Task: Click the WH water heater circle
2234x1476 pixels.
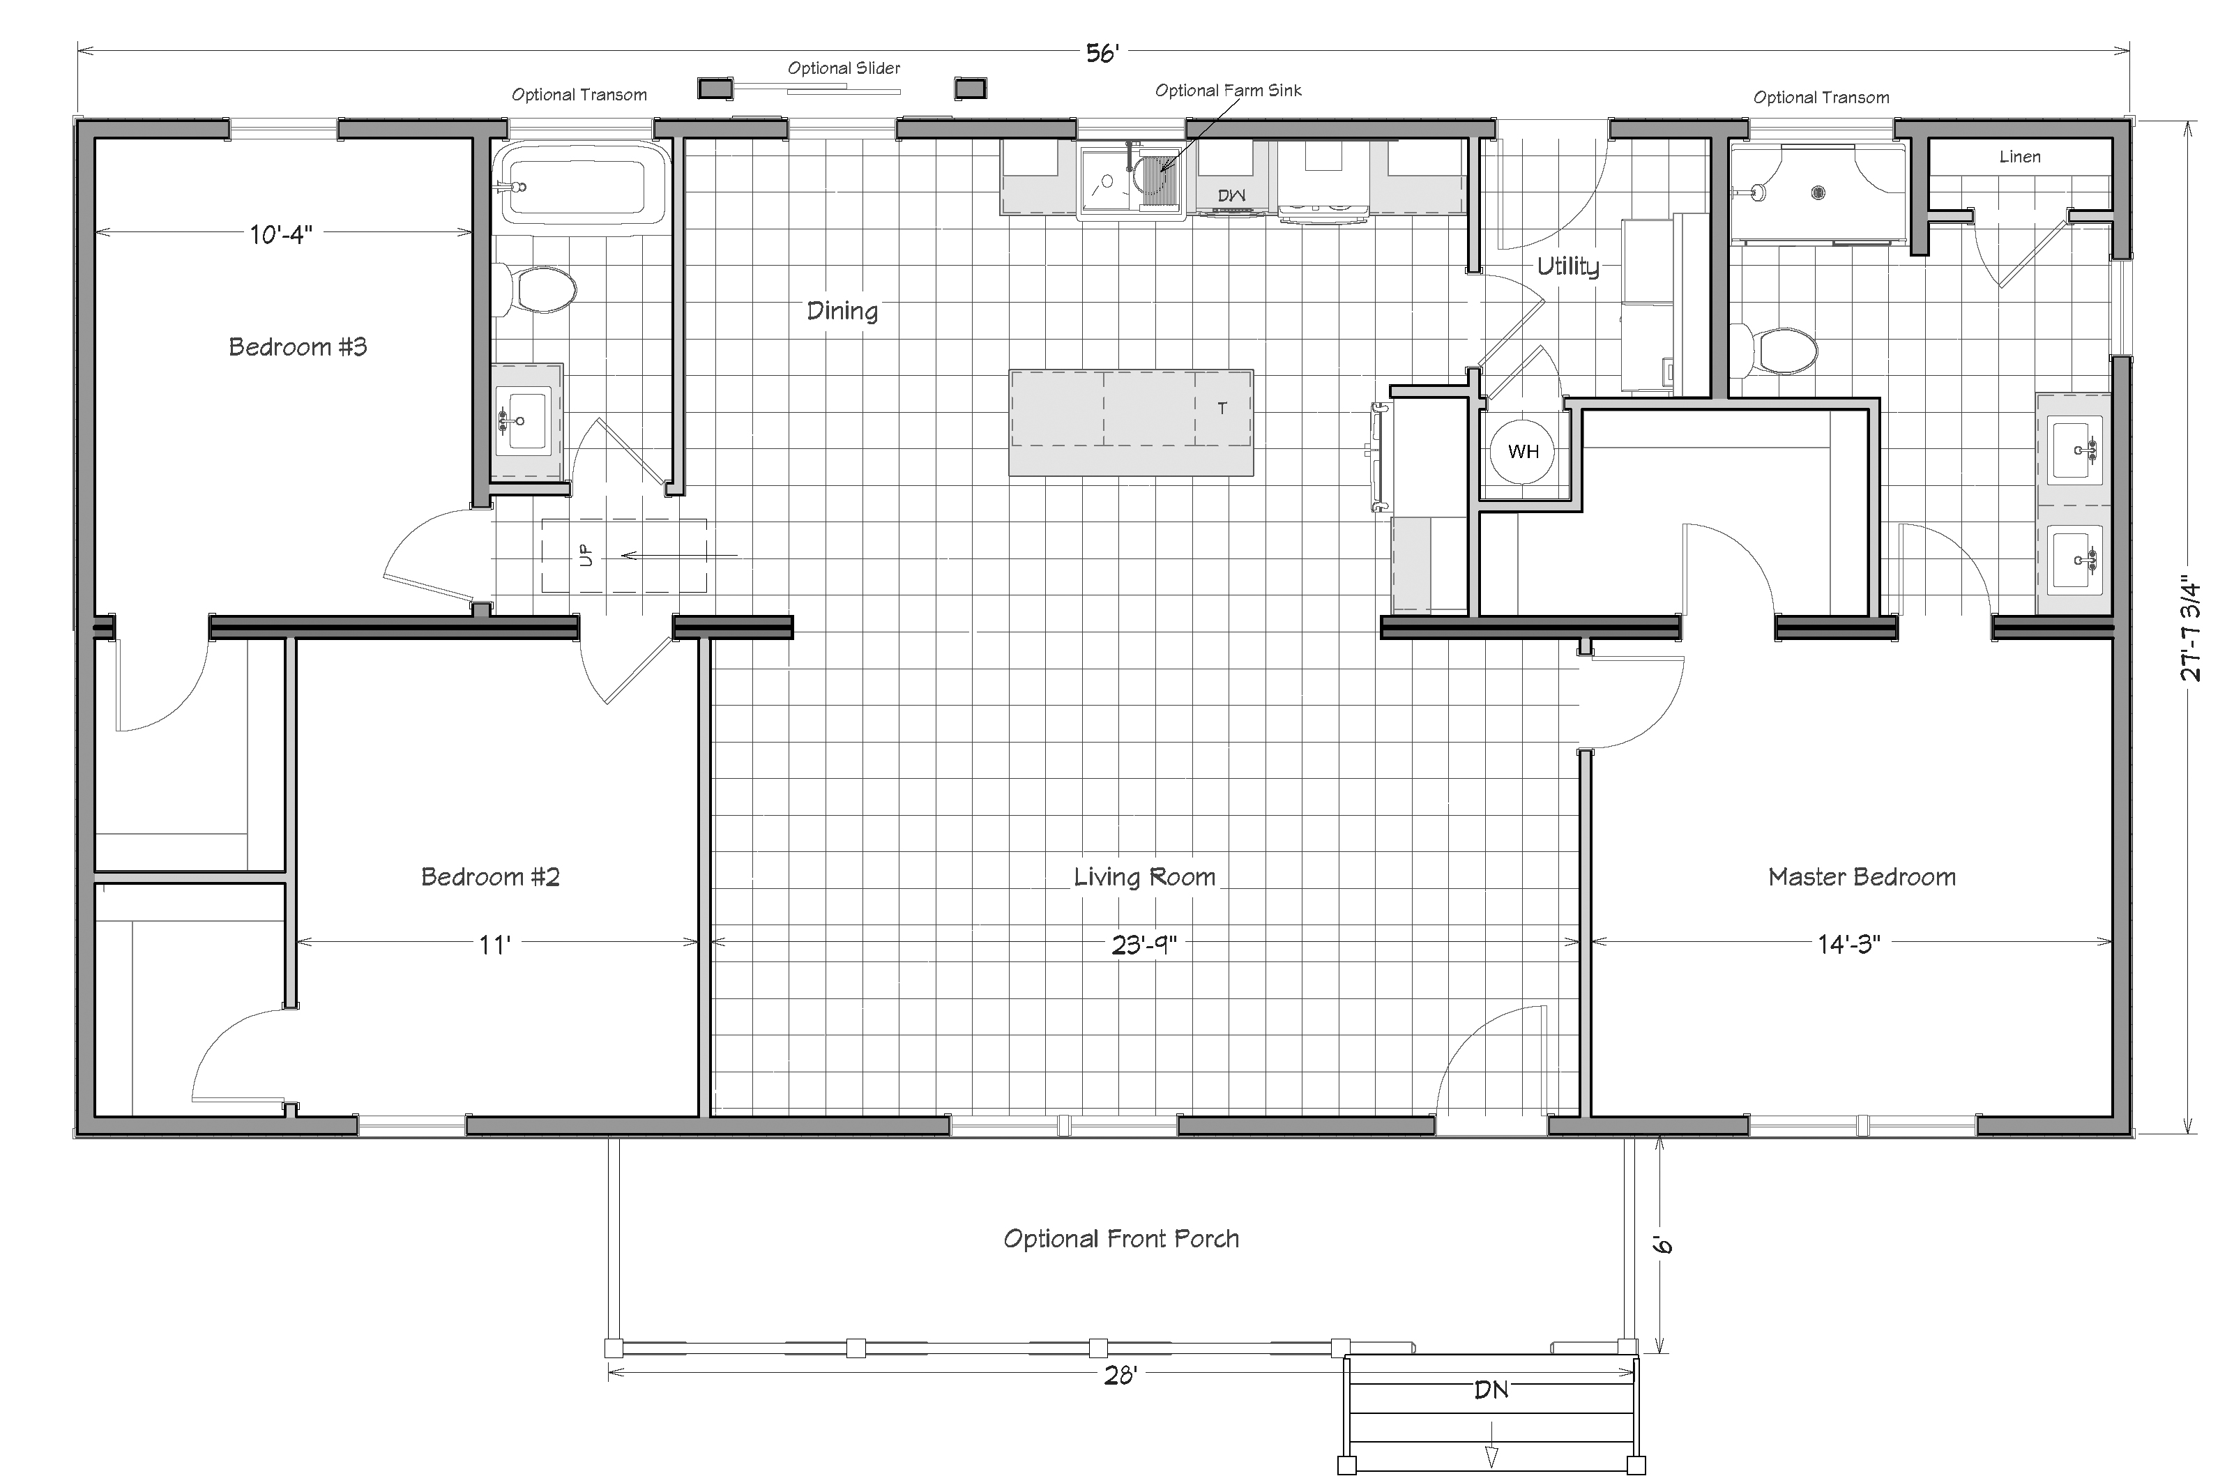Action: pyautogui.click(x=1522, y=452)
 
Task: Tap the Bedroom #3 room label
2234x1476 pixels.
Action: pyautogui.click(x=298, y=347)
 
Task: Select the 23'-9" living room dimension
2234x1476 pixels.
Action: pyautogui.click(x=1143, y=943)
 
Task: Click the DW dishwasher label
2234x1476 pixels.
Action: pyautogui.click(x=1231, y=195)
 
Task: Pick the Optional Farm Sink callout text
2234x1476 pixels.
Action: pyautogui.click(x=1229, y=91)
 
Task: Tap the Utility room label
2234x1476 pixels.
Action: pyautogui.click(x=1567, y=266)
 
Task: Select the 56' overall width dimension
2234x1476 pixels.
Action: pyautogui.click(x=1102, y=54)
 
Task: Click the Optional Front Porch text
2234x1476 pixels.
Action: pyautogui.click(x=1121, y=1239)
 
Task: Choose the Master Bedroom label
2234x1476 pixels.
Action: pyautogui.click(x=1861, y=877)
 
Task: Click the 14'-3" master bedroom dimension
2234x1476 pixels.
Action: pyautogui.click(x=1848, y=943)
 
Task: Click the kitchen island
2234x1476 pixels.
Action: pyautogui.click(x=1131, y=423)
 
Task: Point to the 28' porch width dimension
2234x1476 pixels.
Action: pyautogui.click(x=1120, y=1376)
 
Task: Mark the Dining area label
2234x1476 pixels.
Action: pyautogui.click(x=842, y=311)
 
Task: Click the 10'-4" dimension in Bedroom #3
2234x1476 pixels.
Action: pyautogui.click(x=280, y=234)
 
